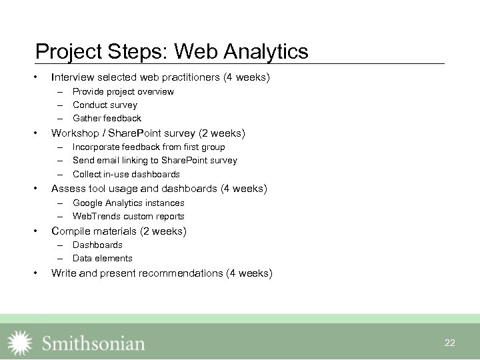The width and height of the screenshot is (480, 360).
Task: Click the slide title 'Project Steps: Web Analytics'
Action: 171,51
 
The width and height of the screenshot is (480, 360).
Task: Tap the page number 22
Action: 449,343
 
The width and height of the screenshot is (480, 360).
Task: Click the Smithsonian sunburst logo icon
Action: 19,343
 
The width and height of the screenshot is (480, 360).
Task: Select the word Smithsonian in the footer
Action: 93,343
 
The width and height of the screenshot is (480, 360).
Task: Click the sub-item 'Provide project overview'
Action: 123,91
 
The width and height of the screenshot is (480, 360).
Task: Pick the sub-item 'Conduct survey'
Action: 105,105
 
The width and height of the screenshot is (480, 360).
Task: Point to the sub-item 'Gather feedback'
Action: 107,118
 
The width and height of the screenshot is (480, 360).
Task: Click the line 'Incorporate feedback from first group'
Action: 149,147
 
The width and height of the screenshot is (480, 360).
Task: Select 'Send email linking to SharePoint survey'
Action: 155,160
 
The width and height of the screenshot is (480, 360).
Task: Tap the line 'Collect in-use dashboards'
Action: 126,174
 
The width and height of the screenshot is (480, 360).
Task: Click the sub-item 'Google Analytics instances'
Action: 128,203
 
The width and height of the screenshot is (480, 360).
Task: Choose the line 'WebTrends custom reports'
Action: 128,216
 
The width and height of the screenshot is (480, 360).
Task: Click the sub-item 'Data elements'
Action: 102,258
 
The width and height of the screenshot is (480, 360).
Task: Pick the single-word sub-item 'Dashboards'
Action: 97,245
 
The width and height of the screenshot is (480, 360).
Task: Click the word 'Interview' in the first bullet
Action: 70,77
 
